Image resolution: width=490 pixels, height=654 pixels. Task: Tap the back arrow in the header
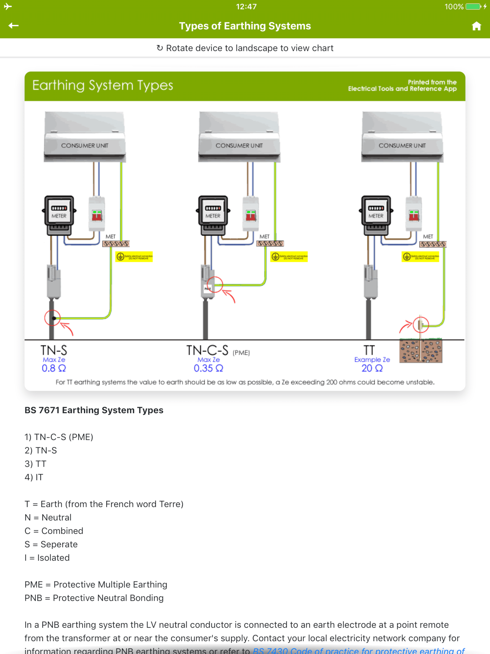click(x=13, y=26)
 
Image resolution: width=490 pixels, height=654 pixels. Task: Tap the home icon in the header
click(x=476, y=26)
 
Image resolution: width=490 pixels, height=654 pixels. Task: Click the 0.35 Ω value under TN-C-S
click(x=208, y=368)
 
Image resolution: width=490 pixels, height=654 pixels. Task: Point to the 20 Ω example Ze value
click(x=372, y=368)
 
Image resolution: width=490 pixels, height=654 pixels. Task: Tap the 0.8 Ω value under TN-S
click(x=54, y=368)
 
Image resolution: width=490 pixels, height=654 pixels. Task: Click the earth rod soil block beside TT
click(x=421, y=351)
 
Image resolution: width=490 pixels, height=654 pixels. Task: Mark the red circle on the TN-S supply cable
click(x=52, y=318)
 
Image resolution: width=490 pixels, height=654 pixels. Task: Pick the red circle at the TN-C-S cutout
click(x=215, y=284)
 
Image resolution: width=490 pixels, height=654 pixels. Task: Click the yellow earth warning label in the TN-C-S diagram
click(x=289, y=257)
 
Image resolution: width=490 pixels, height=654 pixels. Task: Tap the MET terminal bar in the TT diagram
click(x=433, y=244)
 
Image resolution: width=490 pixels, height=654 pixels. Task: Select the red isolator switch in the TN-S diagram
click(x=97, y=215)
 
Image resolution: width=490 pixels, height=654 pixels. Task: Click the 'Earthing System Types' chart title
click(x=103, y=85)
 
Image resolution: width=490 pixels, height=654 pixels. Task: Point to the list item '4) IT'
click(x=34, y=477)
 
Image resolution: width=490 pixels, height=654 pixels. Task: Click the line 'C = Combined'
click(x=54, y=531)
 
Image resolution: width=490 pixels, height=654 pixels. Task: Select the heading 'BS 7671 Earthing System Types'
click(x=94, y=410)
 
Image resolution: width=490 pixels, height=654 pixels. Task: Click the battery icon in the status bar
click(x=473, y=6)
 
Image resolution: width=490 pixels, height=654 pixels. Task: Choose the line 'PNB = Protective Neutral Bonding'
click(x=94, y=598)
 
